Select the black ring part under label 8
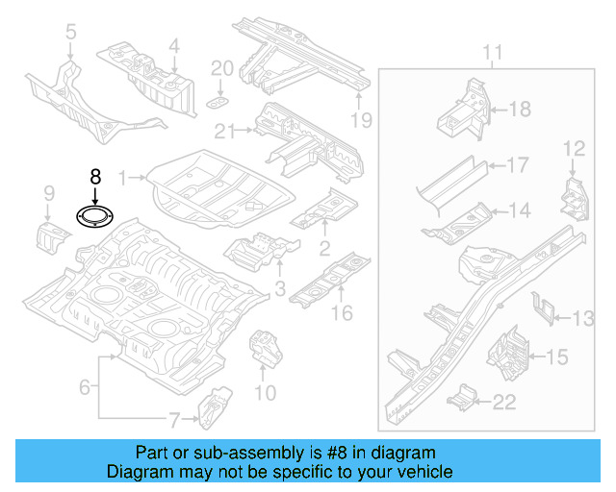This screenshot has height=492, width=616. coord(94,218)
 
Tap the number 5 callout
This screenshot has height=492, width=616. coord(70,36)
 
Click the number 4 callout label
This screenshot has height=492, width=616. coord(173,45)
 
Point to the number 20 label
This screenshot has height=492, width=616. coord(221,68)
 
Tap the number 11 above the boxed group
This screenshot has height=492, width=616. coord(492,52)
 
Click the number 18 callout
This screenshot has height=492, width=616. coord(519,110)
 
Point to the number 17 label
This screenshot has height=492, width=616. coord(518,165)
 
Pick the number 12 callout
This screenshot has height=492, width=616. coord(574,148)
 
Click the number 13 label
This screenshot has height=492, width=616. coord(584,319)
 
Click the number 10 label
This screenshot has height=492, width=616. coord(265,392)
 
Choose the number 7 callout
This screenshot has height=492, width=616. coord(174,419)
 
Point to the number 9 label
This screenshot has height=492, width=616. coord(48,197)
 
